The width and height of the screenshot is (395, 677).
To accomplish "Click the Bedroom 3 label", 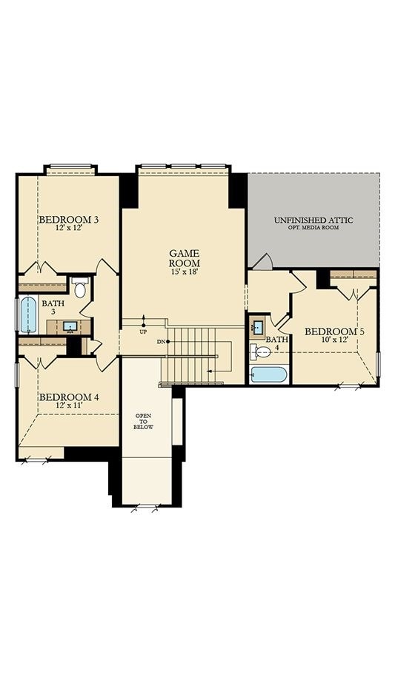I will coord(69,220).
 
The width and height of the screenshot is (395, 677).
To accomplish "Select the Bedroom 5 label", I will coord(335,331).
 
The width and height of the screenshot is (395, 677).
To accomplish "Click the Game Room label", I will coord(184,257).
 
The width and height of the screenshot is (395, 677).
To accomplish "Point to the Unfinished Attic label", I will coord(313,220).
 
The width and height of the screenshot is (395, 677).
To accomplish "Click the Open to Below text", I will coord(142,421).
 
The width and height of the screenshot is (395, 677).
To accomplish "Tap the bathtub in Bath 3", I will coord(28,314).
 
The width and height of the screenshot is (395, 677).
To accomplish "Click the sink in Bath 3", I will coord(71,326).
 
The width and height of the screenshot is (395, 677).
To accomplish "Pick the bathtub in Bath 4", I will coord(268,374).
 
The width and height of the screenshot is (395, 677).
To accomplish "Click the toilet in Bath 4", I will coord(260,351).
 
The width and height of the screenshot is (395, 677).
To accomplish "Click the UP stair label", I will coord(143,331).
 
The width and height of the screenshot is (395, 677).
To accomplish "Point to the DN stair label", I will coord(161,341).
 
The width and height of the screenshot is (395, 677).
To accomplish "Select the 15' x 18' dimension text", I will coord(184,272).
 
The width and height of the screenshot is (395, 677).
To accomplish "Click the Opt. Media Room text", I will coord(313,228).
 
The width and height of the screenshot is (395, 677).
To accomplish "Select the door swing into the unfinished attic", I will coord(263,261).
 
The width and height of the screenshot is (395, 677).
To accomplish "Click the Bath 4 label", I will coord(273,342).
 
